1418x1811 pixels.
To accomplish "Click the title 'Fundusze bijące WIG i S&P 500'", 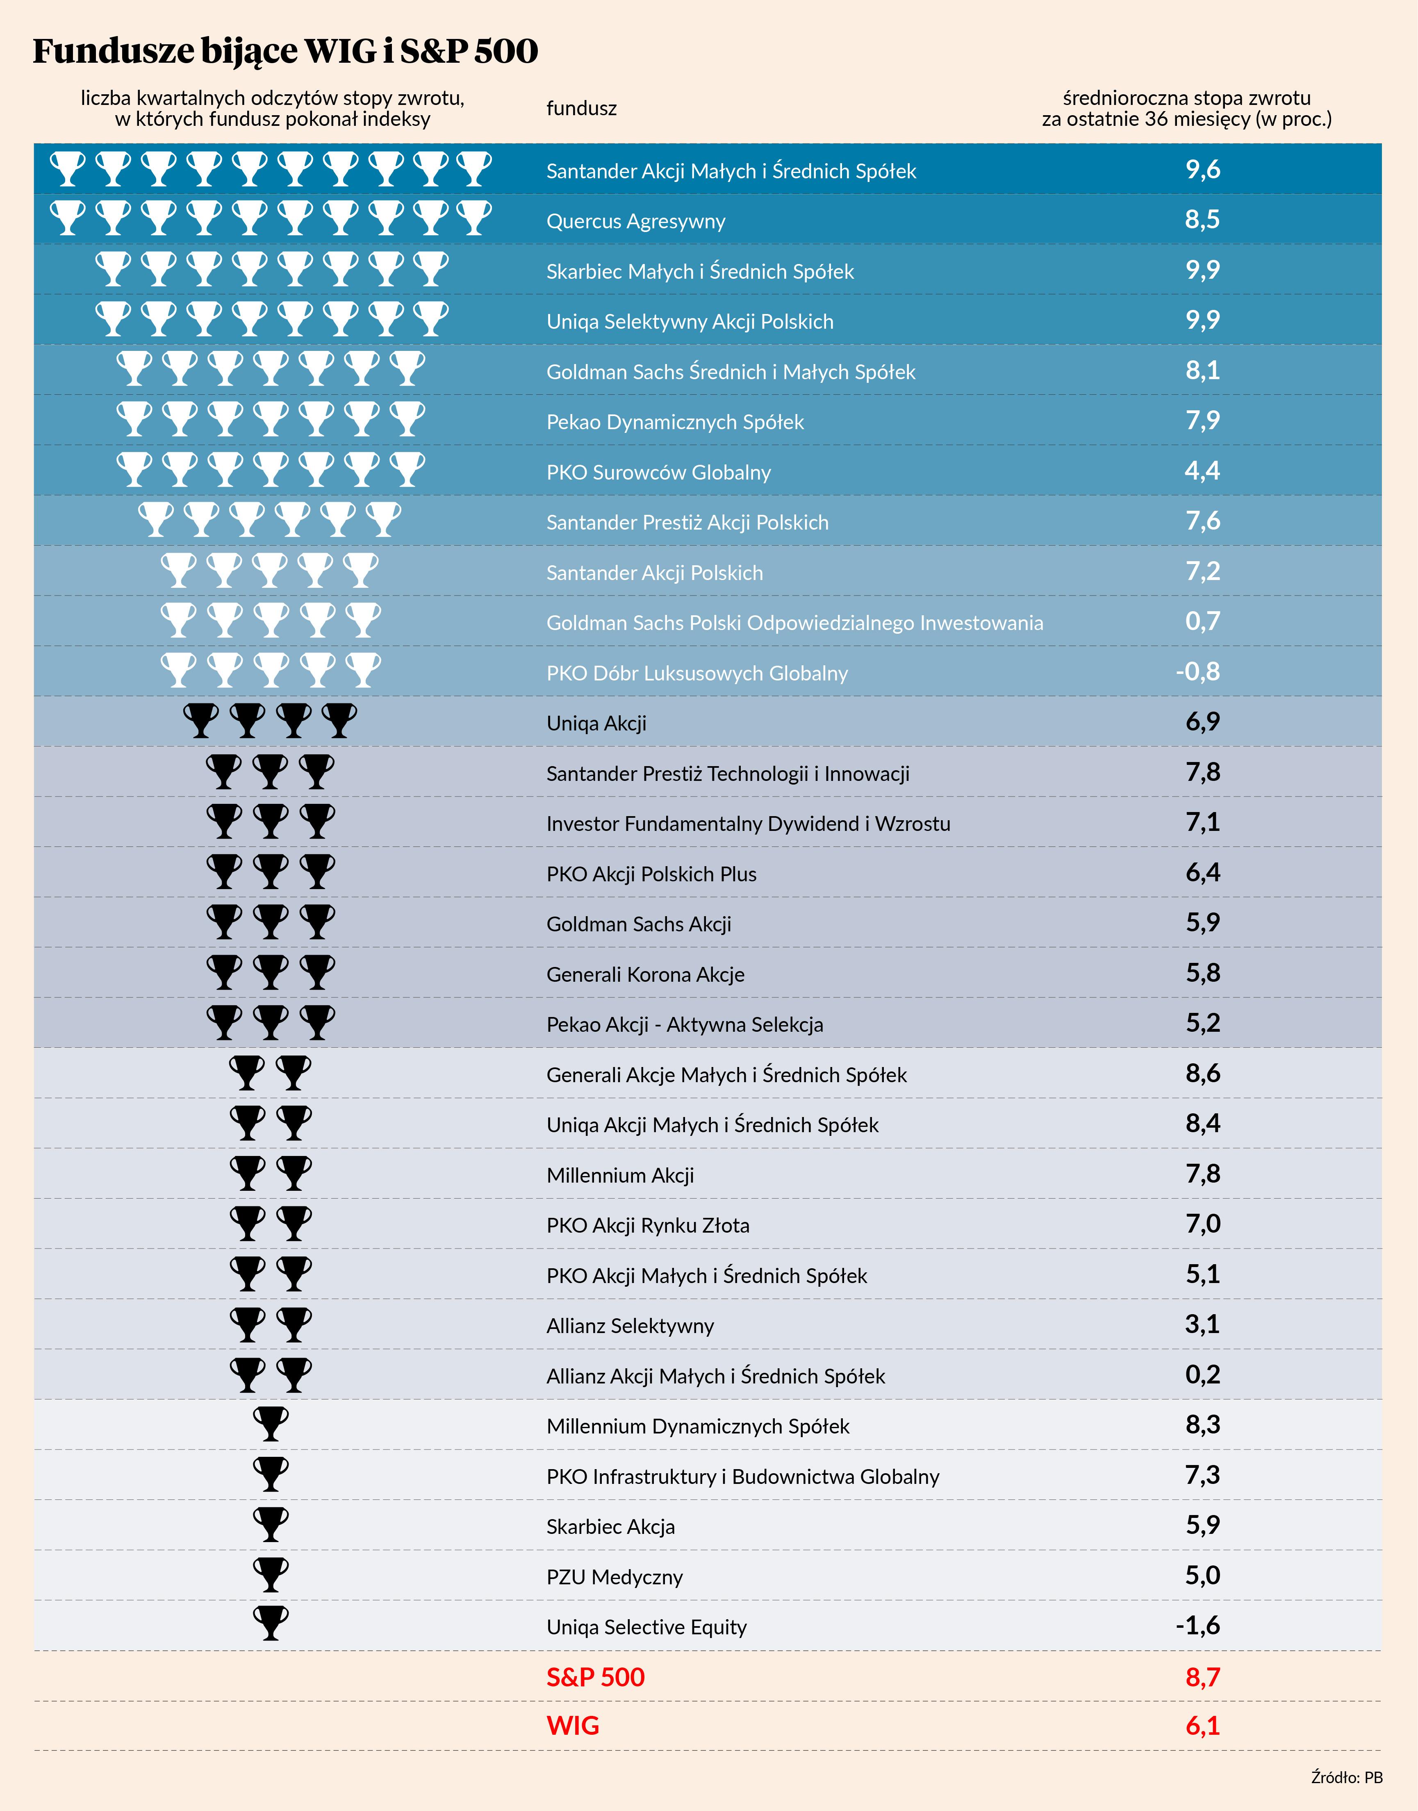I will click(285, 52).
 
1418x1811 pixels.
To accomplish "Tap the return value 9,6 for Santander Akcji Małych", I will click(1202, 170).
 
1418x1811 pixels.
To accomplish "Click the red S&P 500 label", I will click(595, 1677).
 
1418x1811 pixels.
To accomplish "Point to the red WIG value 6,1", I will click(1202, 1726).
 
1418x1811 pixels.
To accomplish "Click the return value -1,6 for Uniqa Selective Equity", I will click(1197, 1626).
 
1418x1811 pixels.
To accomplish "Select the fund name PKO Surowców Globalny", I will click(658, 472).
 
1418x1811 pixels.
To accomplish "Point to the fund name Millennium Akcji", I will click(620, 1175).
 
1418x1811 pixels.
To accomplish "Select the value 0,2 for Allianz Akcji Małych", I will click(1202, 1374).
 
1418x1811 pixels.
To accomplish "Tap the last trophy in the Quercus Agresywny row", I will click(474, 217).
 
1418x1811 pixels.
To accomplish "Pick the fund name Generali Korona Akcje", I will click(645, 974).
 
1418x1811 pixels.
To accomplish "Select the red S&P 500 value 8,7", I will click(1202, 1677).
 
